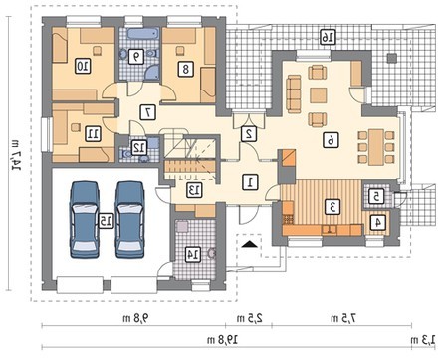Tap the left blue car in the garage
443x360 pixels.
point(85,219)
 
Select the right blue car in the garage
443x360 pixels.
point(129,219)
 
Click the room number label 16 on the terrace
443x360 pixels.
point(328,37)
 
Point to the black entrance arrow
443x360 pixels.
point(250,244)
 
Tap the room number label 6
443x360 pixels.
point(331,140)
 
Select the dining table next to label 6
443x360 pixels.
point(376,147)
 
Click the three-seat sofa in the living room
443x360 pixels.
point(293,94)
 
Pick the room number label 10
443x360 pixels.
point(83,66)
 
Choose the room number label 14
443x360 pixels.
point(193,254)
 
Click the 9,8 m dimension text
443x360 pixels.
point(135,318)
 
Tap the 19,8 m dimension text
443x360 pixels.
point(222,340)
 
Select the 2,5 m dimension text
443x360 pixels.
point(250,318)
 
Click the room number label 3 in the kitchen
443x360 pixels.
point(333,206)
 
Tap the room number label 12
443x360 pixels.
point(139,148)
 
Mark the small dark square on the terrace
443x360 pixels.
point(392,58)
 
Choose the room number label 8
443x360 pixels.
point(186,69)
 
